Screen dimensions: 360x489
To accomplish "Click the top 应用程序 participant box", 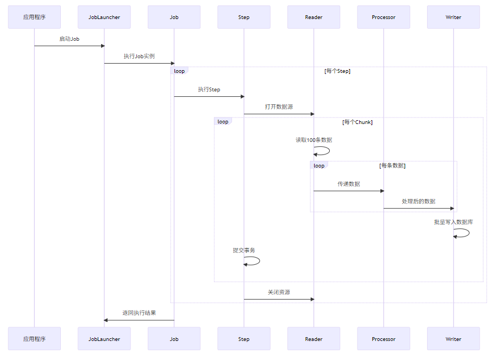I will click(34, 17).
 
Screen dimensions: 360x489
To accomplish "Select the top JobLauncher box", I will click(104, 17).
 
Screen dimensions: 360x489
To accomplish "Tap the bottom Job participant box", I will click(174, 339).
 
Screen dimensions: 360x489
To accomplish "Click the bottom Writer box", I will click(453, 339).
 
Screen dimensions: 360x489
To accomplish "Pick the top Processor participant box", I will click(384, 17).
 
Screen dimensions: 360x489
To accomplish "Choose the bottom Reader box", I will click(314, 339).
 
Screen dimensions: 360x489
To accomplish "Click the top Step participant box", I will click(244, 17).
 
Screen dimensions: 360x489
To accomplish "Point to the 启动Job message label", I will click(70, 39).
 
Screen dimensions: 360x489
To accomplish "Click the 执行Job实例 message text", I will click(139, 56).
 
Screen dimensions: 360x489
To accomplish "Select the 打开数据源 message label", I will click(279, 107).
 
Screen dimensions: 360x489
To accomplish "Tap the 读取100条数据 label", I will click(314, 140).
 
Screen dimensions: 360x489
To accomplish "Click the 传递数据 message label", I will click(348, 184).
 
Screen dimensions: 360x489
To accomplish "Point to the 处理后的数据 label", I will click(418, 201).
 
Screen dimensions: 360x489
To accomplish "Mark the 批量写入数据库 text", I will click(453, 222).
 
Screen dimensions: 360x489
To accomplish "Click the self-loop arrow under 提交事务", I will click(253, 261).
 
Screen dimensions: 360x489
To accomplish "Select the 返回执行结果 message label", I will click(139, 313).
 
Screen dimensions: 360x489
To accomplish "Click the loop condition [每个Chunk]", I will click(357, 122).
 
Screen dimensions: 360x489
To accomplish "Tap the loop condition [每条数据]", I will click(392, 165).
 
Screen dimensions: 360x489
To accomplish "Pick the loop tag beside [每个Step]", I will click(179, 71).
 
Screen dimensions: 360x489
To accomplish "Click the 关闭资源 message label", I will click(279, 292).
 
